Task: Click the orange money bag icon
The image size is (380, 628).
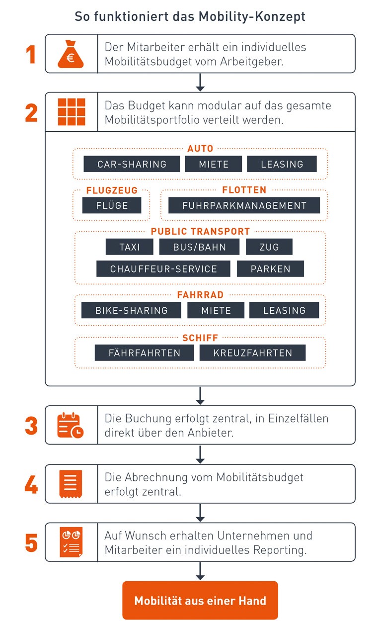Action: coord(71,54)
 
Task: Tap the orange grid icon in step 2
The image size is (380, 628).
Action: coord(72,112)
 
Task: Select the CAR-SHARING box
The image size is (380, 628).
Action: coord(132,164)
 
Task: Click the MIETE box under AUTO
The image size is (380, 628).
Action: coord(214,164)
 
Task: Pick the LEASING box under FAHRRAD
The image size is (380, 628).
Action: coord(284,310)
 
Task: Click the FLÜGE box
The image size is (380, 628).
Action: coord(112,205)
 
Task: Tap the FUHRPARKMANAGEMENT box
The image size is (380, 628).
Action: coord(244,205)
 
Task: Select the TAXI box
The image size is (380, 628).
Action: coord(129,247)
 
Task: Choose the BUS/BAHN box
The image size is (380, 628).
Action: coord(199,247)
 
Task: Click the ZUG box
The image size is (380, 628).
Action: coord(269,247)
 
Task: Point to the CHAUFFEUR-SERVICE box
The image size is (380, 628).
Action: coord(163,269)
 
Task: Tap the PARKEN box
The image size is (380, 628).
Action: coord(270,269)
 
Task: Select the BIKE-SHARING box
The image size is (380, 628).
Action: coord(131,310)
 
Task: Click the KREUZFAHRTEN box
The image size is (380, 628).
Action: coord(252,353)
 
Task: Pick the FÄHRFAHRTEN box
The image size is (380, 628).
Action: coord(144,353)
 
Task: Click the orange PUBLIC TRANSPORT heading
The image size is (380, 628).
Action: coord(200,231)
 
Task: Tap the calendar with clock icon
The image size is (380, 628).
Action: coord(70,425)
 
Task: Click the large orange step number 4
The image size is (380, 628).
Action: coord(31,484)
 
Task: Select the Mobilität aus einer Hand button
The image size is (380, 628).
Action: coord(200,601)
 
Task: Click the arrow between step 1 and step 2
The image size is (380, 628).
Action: coord(200,83)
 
